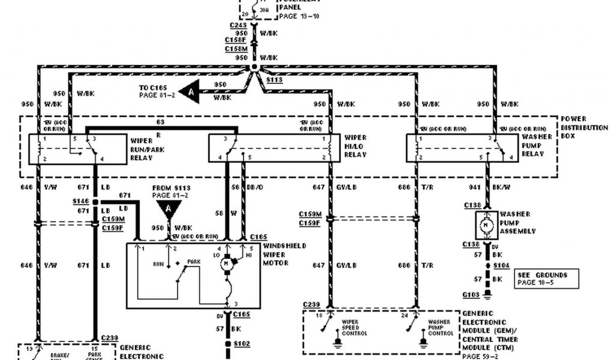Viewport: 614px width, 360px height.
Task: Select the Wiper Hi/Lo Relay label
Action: tap(355, 146)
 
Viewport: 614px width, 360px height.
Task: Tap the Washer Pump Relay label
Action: tap(532, 146)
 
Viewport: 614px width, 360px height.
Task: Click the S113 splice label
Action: tap(274, 80)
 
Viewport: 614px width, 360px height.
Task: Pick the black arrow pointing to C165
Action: tap(189, 91)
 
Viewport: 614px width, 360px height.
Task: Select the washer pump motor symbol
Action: tap(487, 224)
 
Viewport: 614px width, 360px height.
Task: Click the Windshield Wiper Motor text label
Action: tap(285, 254)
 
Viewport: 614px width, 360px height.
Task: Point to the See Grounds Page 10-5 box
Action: tap(546, 278)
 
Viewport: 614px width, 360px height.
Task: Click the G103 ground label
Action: tap(471, 295)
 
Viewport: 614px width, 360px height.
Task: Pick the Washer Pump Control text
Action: tap(440, 328)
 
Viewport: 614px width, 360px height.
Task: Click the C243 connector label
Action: tap(237, 25)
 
